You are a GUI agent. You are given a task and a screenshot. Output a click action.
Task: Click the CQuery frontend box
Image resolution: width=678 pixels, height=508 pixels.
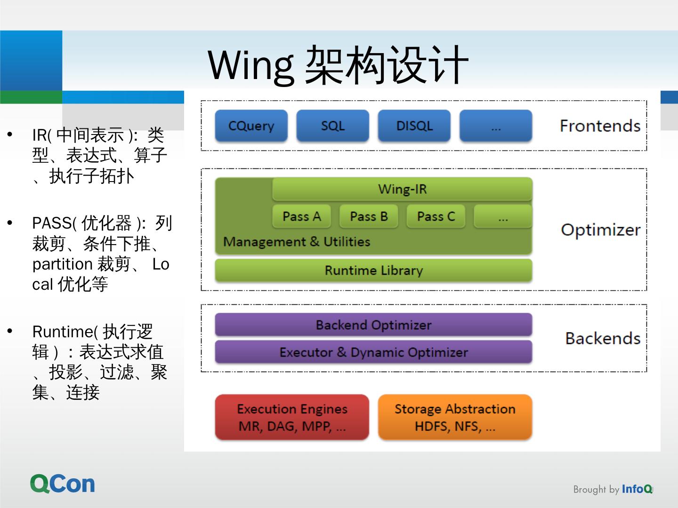tap(251, 126)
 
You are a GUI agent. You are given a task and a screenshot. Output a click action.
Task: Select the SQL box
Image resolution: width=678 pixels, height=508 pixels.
tap(332, 126)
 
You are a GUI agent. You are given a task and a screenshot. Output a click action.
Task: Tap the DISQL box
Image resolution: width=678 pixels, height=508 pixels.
tap(414, 126)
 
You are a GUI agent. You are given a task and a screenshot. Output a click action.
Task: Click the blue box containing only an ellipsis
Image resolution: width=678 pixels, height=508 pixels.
tap(496, 126)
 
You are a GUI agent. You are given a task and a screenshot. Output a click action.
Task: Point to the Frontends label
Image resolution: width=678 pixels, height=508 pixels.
tap(600, 126)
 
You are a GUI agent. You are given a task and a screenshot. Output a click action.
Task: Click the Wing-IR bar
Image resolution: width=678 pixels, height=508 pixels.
tap(402, 189)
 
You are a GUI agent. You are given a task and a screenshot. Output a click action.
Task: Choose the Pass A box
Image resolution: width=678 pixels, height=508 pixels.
tap(301, 216)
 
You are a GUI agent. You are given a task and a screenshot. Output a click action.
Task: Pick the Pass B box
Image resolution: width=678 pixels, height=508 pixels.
tap(369, 216)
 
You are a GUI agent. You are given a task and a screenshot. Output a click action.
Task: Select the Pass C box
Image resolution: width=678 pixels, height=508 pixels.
tap(436, 216)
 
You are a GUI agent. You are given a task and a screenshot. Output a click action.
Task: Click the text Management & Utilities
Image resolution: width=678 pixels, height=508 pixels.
tap(297, 242)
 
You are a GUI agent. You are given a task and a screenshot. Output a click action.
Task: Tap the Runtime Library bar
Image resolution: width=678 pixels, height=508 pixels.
tap(373, 270)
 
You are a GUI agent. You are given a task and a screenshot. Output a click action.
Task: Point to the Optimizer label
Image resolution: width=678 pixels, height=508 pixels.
tap(600, 230)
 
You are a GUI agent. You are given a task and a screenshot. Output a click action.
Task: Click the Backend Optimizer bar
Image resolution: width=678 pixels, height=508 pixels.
tap(373, 325)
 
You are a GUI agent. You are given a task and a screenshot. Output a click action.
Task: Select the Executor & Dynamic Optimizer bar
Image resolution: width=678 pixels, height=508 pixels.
tap(373, 352)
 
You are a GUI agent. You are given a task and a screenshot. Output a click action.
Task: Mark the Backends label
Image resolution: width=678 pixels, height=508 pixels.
tap(603, 339)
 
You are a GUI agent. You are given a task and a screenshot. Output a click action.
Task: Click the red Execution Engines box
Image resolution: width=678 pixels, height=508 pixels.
tap(292, 417)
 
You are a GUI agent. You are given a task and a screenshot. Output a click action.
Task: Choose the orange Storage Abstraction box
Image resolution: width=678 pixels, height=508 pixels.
tap(455, 417)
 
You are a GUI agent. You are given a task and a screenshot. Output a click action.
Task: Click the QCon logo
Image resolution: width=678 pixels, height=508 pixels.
tap(63, 484)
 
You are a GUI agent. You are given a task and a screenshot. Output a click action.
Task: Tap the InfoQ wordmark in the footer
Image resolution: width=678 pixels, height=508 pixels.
tap(637, 489)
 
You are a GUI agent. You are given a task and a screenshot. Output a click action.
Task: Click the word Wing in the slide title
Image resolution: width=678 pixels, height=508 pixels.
tap(251, 66)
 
